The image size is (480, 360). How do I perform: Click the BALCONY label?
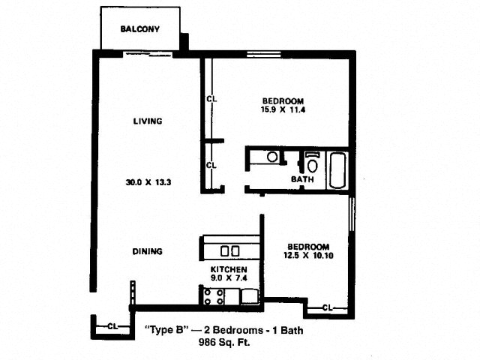point(140,29)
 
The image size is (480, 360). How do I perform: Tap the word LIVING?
point(148,121)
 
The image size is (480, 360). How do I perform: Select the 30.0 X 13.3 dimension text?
point(148,182)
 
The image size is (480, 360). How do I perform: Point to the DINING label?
point(147,251)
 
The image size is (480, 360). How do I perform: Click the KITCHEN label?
point(229,269)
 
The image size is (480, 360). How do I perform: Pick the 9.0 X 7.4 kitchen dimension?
point(229,278)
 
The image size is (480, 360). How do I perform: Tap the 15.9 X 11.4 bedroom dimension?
point(283,109)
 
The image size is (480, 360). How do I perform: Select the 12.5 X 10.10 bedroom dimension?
point(308,255)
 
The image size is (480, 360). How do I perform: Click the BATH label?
point(302,179)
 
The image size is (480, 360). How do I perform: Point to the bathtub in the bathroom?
point(337,170)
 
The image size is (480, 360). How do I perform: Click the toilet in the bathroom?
point(312,163)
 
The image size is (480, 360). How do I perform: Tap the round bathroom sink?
point(272,157)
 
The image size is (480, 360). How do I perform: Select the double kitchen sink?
point(230,251)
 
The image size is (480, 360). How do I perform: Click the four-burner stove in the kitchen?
point(214,297)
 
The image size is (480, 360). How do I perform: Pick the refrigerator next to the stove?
point(250,296)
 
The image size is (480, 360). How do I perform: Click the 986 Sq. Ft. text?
point(224,342)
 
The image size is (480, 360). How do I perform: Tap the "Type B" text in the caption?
point(166,330)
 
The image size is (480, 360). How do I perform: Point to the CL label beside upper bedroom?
point(211,99)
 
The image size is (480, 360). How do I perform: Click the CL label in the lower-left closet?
point(112,327)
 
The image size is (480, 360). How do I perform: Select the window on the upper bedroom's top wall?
point(264,55)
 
